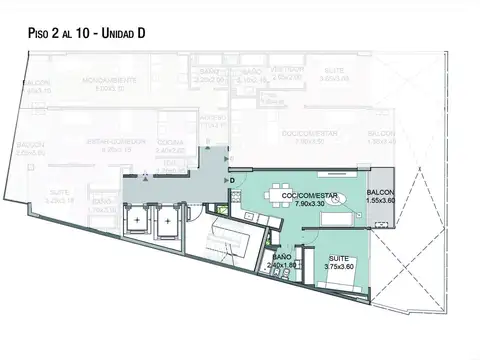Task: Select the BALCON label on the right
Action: click(380, 193)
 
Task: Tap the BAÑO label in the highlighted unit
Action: click(282, 258)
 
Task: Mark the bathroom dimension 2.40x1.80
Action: click(282, 267)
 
